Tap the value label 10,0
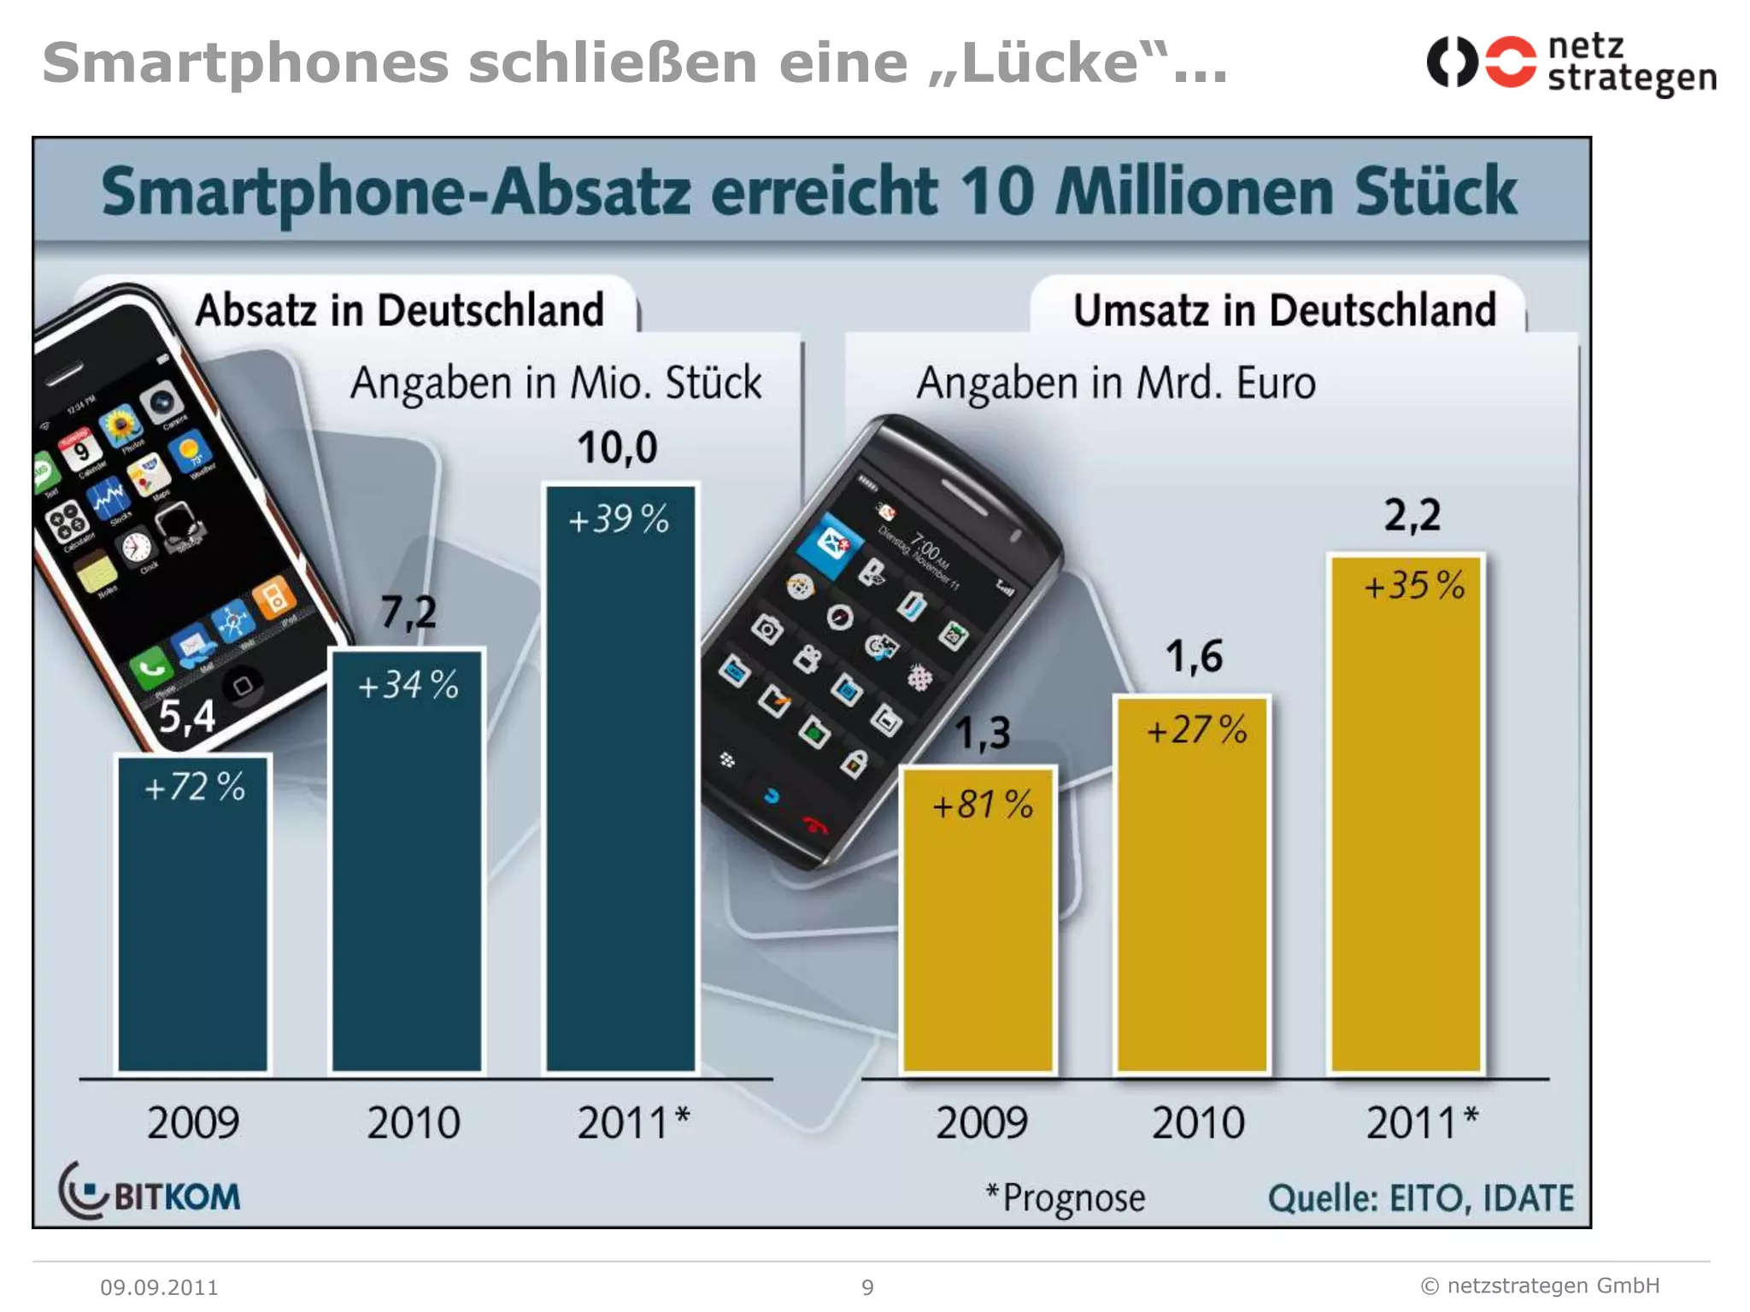coord(617,448)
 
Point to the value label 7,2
coord(408,612)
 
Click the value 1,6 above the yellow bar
coord(1194,657)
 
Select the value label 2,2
coord(1412,515)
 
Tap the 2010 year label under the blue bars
coord(414,1122)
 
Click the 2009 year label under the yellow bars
coord(981,1122)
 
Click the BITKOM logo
coord(150,1192)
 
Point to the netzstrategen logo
coord(1571,63)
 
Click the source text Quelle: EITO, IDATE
coord(1420,1198)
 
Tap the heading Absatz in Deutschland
coord(399,310)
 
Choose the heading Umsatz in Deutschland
coord(1283,310)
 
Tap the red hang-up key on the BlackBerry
coord(814,825)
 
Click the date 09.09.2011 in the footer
coord(159,1287)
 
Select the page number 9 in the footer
coord(867,1287)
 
